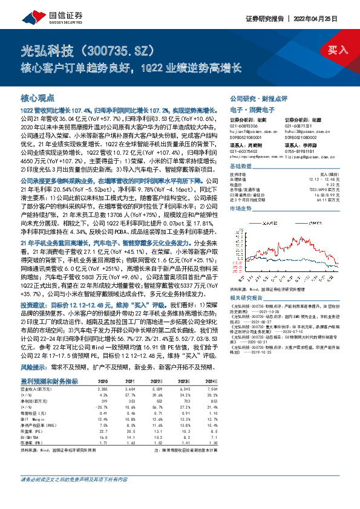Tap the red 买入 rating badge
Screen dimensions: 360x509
(x=337, y=50)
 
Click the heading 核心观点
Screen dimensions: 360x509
(x=38, y=97)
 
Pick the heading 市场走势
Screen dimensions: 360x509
(x=241, y=207)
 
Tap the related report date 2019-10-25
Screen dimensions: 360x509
(x=273, y=368)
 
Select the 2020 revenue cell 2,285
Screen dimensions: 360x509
(x=102, y=391)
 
